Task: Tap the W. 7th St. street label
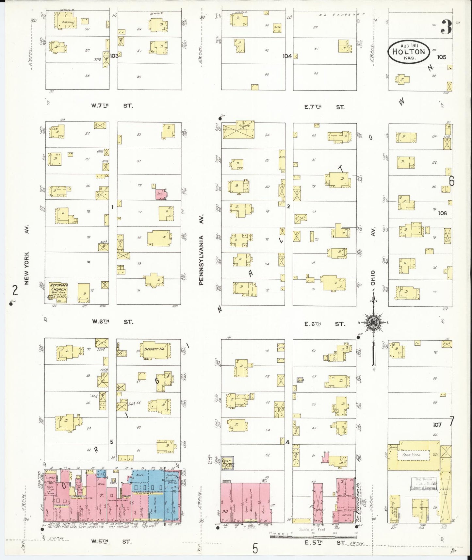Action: (112, 106)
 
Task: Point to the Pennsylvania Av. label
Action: (202, 250)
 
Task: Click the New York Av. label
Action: (27, 255)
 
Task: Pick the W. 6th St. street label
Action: (112, 321)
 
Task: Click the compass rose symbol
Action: (373, 322)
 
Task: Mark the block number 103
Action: (114, 56)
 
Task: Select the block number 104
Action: (287, 56)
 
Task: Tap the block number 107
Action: (437, 425)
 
